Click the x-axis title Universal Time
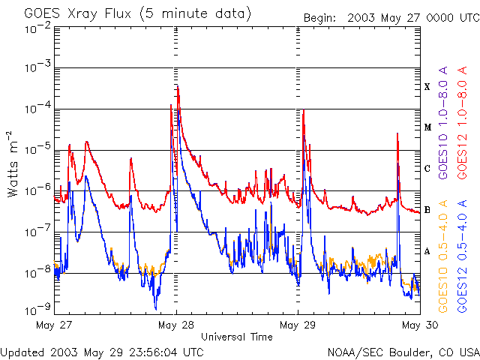click(237, 337)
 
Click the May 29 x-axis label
click(298, 325)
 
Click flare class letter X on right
click(427, 87)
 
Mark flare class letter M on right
click(427, 127)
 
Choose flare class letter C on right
click(427, 169)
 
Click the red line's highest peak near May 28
click(177, 87)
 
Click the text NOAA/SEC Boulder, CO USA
click(403, 351)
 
